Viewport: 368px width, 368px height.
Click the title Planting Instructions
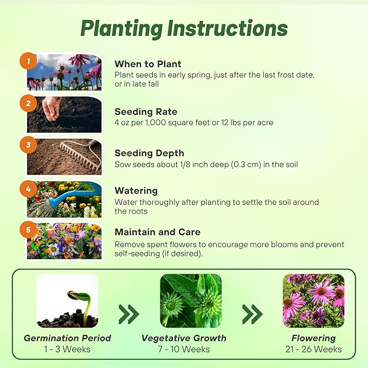[184, 28]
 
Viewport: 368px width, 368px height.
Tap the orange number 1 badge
[28, 61]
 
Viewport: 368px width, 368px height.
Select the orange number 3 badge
[28, 145]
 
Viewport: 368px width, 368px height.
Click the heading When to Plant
[148, 63]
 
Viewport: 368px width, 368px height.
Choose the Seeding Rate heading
[146, 112]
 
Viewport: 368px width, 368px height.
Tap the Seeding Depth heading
[149, 153]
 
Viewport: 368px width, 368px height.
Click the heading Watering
[136, 191]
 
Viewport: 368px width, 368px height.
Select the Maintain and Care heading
[157, 232]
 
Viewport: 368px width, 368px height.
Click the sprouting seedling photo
[67, 301]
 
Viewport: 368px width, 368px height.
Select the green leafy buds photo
[191, 301]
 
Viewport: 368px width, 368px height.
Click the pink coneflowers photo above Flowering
[313, 301]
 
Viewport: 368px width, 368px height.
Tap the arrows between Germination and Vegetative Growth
[129, 313]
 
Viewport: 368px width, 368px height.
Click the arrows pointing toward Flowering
[252, 313]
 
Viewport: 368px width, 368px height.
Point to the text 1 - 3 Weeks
[67, 350]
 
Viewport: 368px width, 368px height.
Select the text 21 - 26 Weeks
[313, 350]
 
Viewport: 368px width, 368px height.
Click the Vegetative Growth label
[184, 338]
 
